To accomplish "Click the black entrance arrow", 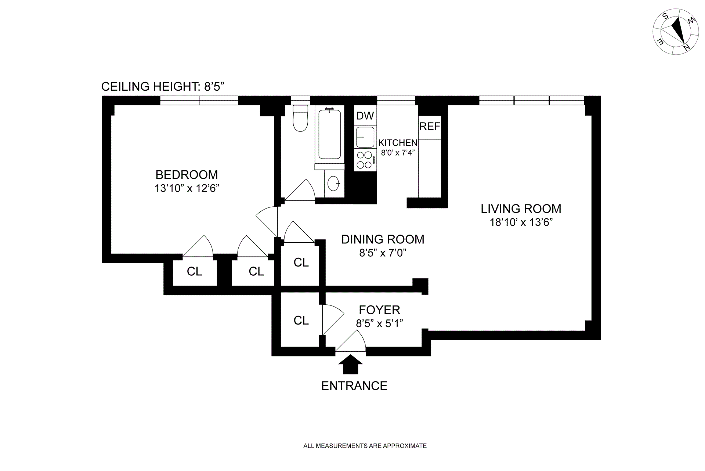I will click(x=350, y=364).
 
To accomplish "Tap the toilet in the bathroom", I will click(x=300, y=118).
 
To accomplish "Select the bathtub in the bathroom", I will click(x=329, y=134).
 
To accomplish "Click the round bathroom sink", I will click(x=334, y=184).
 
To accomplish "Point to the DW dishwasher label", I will click(x=365, y=116).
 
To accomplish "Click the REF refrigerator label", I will click(x=430, y=127).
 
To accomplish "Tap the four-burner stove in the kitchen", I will click(x=365, y=160).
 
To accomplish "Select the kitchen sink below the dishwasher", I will click(x=365, y=137).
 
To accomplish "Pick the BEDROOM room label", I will click(x=187, y=175).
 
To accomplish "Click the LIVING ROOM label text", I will click(x=521, y=209).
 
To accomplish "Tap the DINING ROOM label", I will click(x=383, y=239).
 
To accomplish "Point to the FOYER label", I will click(x=379, y=310).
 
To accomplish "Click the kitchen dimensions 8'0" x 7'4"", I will click(x=398, y=153).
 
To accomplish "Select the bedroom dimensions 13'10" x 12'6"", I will click(x=187, y=189).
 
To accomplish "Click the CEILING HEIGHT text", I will click(x=163, y=87).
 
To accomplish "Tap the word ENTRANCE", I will click(x=354, y=386).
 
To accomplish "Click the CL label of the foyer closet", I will click(x=301, y=320).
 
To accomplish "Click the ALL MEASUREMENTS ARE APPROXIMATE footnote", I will click(x=365, y=446).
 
